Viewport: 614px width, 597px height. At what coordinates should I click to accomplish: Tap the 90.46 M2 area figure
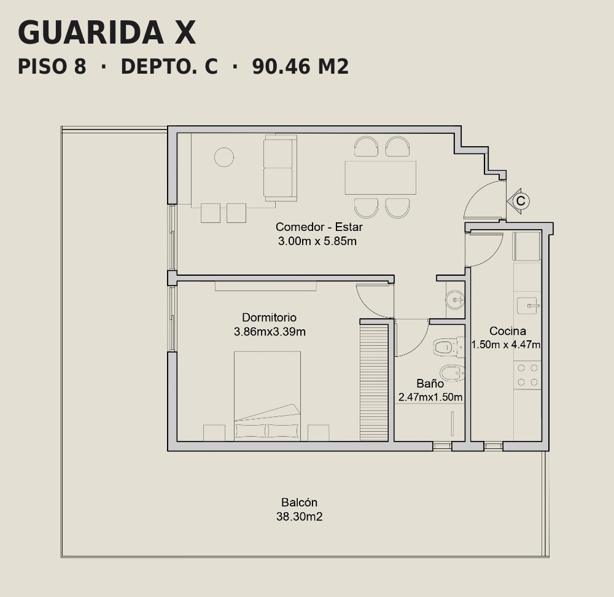tap(300, 66)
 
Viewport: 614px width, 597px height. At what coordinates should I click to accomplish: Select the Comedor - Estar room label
tap(319, 227)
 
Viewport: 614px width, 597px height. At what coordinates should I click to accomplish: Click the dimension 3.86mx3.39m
tap(270, 332)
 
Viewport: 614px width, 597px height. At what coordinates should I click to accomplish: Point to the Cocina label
tap(508, 331)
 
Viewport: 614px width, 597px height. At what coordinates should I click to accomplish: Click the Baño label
tap(430, 383)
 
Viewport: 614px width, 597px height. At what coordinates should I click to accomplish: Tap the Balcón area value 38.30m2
tap(300, 517)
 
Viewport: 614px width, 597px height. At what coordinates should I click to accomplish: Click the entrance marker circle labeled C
tap(521, 201)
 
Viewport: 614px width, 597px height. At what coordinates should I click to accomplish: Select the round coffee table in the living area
tap(224, 157)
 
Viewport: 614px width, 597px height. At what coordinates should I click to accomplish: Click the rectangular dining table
tap(380, 178)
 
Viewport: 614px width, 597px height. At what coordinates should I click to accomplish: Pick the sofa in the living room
tap(280, 168)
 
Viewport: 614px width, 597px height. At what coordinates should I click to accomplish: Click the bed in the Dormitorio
tap(268, 396)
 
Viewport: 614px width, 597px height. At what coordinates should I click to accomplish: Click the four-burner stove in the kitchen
tap(527, 375)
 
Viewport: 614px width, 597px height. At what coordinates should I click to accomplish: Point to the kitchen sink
tap(529, 305)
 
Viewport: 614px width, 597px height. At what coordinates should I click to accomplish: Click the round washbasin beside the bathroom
tap(454, 300)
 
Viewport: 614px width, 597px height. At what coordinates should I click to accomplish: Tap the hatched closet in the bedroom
tap(374, 383)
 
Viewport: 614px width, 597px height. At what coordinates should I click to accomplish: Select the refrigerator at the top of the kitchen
tap(527, 246)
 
